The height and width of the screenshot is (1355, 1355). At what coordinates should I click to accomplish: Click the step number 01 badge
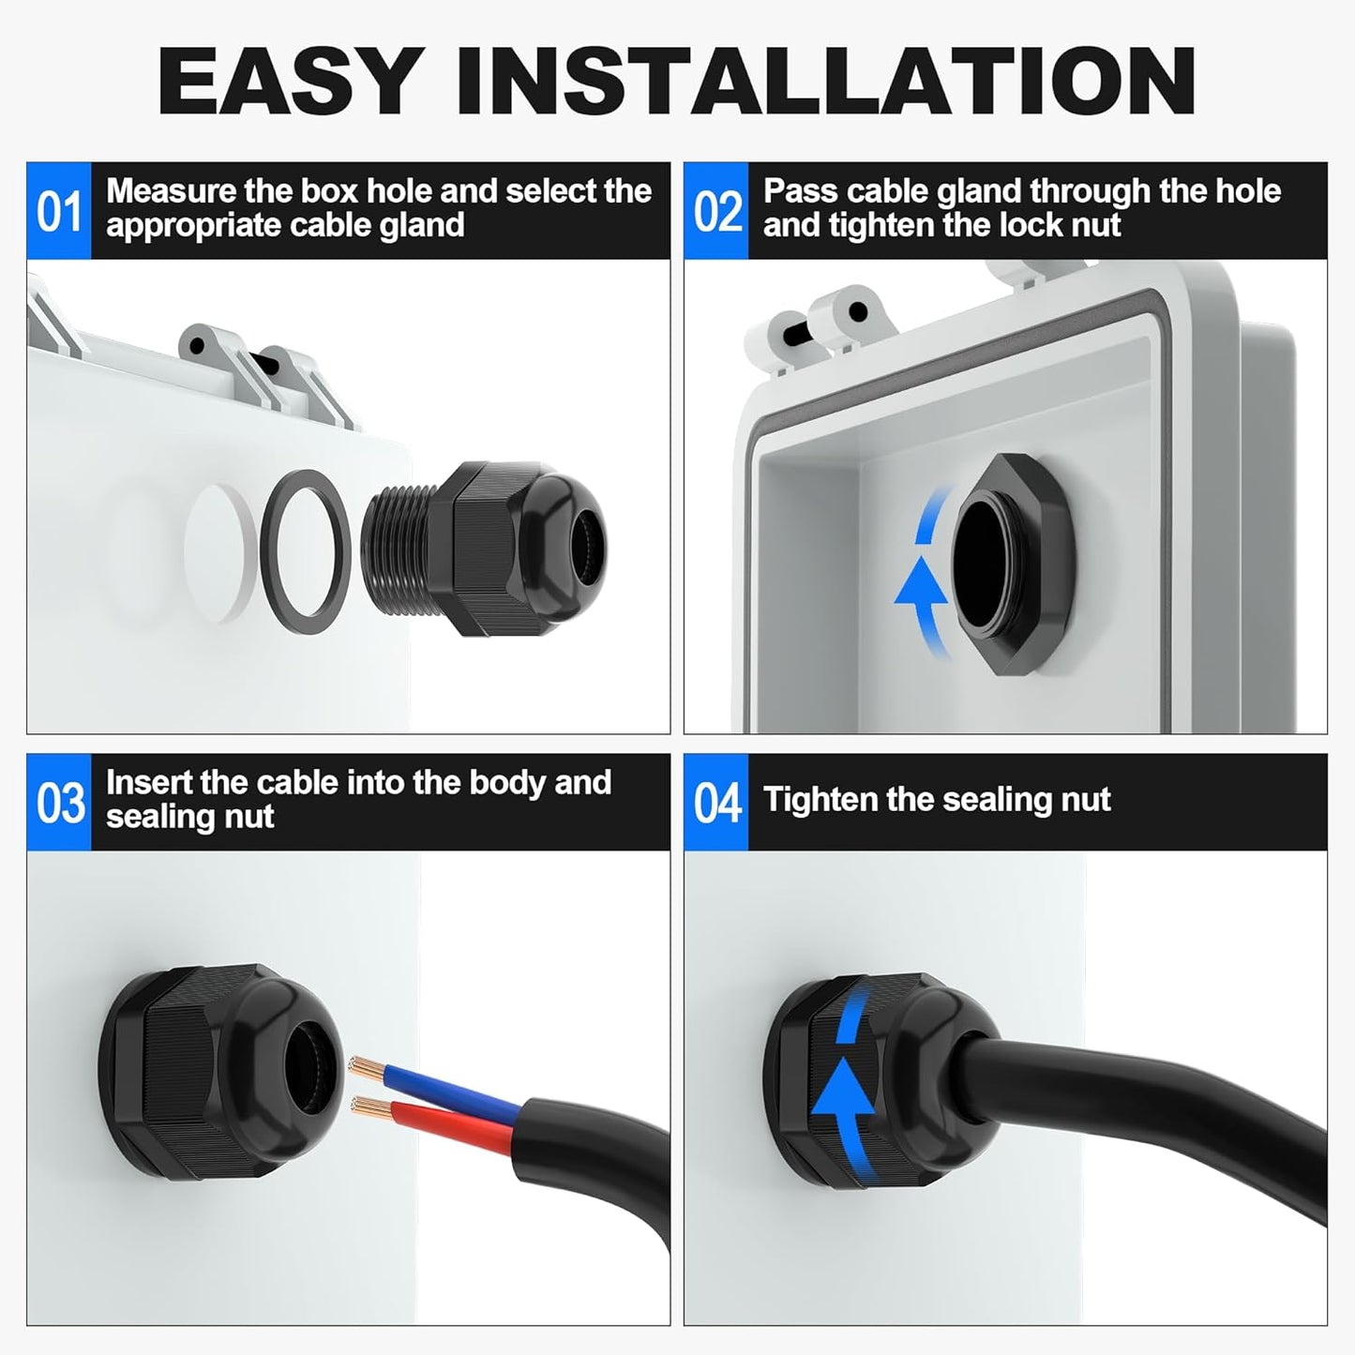pos(58,211)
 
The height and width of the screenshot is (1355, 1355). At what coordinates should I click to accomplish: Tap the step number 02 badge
pos(716,211)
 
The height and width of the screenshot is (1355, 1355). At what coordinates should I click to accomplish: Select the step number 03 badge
pos(58,803)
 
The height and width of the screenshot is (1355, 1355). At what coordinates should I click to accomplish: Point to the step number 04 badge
pos(716,803)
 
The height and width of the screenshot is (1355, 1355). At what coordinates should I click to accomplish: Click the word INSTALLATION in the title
pos(825,82)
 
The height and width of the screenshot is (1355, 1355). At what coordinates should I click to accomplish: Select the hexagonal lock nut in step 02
pos(1013,563)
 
